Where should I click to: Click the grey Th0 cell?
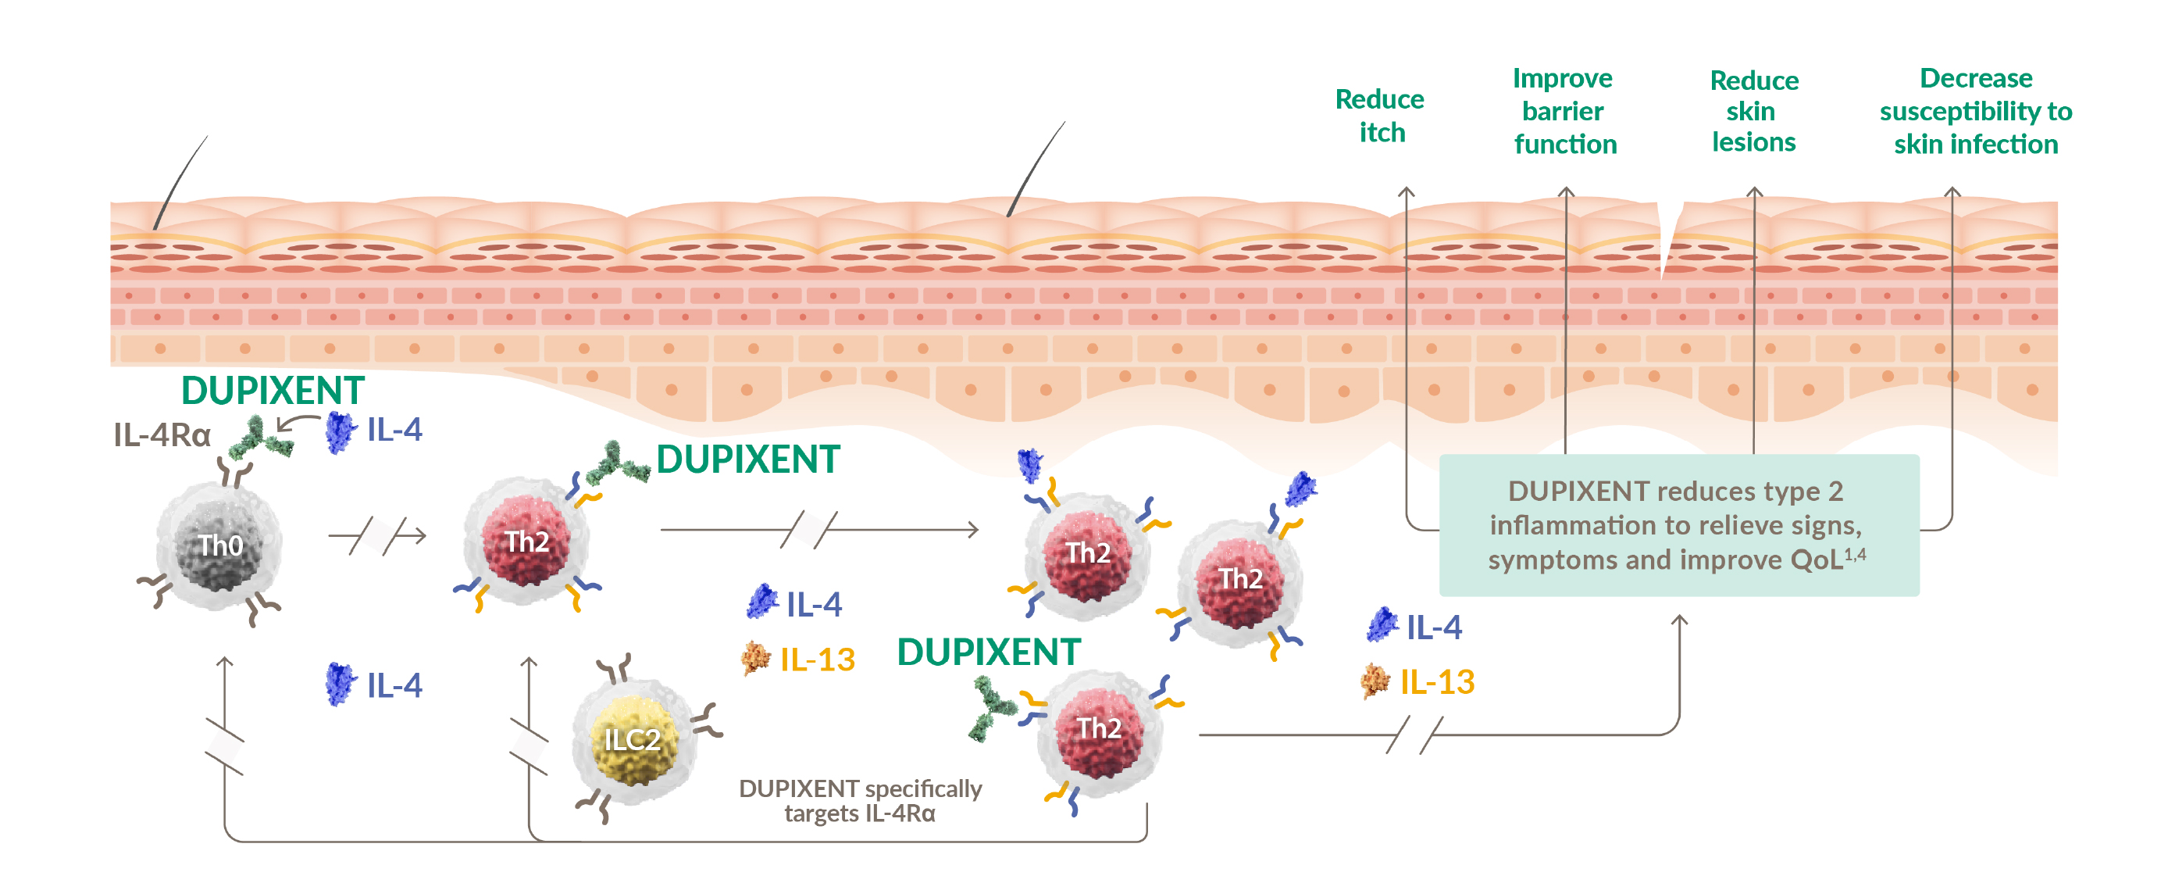point(219,545)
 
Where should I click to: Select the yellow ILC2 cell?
point(633,739)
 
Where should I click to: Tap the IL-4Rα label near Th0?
point(162,435)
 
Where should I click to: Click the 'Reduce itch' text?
point(1380,116)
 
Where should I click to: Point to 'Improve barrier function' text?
point(1564,111)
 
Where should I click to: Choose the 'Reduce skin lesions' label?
point(1754,111)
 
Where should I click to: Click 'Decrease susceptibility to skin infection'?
point(1975,111)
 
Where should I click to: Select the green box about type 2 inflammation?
point(1678,525)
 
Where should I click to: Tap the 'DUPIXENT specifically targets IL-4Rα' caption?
point(860,800)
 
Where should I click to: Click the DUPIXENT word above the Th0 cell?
point(273,391)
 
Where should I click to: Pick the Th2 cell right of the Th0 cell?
point(527,542)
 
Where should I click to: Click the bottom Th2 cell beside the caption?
point(1099,729)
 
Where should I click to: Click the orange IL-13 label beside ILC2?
point(816,659)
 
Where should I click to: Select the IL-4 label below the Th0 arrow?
point(394,685)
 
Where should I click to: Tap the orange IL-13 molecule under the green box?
point(1375,680)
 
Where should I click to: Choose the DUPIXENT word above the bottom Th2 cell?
point(988,652)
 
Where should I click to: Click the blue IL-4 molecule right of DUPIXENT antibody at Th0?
point(340,432)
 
